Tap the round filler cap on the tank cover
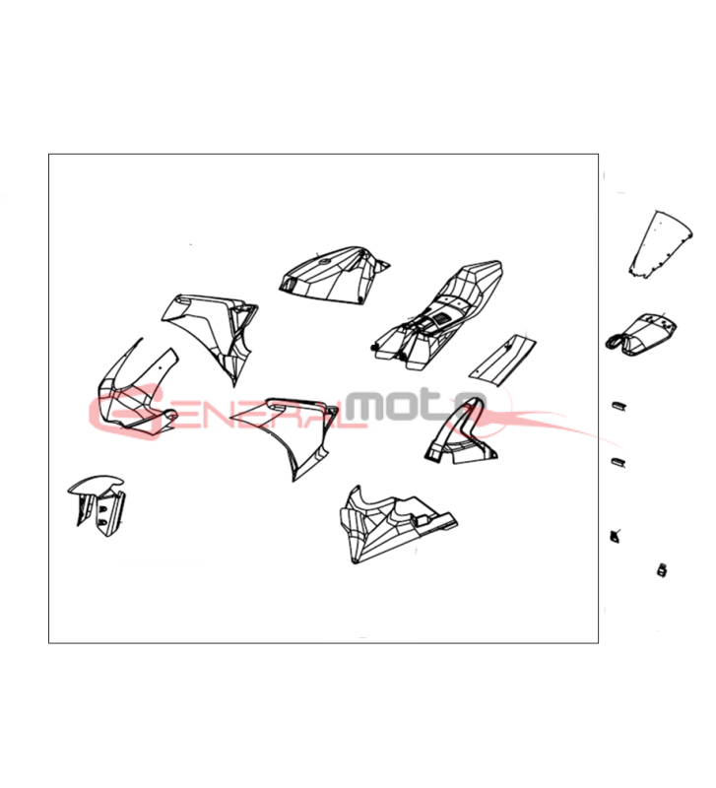click(x=323, y=261)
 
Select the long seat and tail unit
click(x=438, y=315)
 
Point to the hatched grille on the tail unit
click(x=442, y=318)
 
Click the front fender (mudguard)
click(x=97, y=504)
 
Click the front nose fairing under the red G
click(x=136, y=389)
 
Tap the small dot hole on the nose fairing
click(x=160, y=366)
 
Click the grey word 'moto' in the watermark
click(x=415, y=405)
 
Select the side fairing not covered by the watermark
click(x=211, y=334)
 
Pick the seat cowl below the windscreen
click(x=641, y=333)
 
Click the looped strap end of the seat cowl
click(x=615, y=342)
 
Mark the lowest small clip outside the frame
click(x=662, y=570)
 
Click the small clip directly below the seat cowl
click(x=618, y=405)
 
